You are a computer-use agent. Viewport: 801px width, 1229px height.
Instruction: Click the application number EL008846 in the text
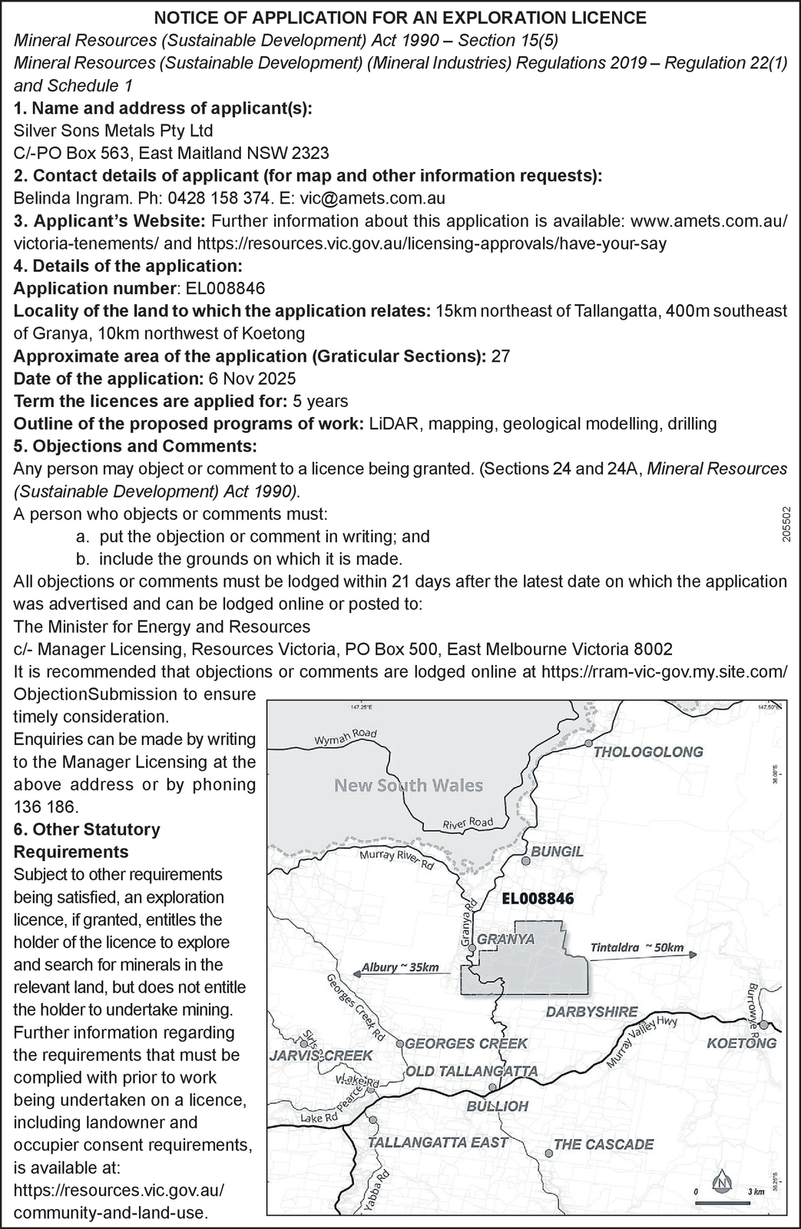pyautogui.click(x=222, y=289)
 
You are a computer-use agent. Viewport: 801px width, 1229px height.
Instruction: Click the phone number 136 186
pyautogui.click(x=46, y=807)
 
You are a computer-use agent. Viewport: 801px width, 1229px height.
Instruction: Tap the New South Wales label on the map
pyautogui.click(x=409, y=786)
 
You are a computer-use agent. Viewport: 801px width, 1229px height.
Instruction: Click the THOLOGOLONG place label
pyautogui.click(x=648, y=752)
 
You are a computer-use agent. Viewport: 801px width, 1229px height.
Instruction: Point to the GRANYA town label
pyautogui.click(x=506, y=939)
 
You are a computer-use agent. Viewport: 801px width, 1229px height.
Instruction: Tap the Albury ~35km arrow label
pyautogui.click(x=400, y=967)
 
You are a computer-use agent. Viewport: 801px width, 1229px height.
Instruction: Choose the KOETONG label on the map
pyautogui.click(x=741, y=1043)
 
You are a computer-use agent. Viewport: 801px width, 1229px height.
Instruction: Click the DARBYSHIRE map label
pyautogui.click(x=592, y=1012)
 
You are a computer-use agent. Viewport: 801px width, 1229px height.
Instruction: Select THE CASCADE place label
pyautogui.click(x=604, y=1145)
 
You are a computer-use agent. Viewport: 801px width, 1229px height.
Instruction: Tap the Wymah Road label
pyautogui.click(x=346, y=738)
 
